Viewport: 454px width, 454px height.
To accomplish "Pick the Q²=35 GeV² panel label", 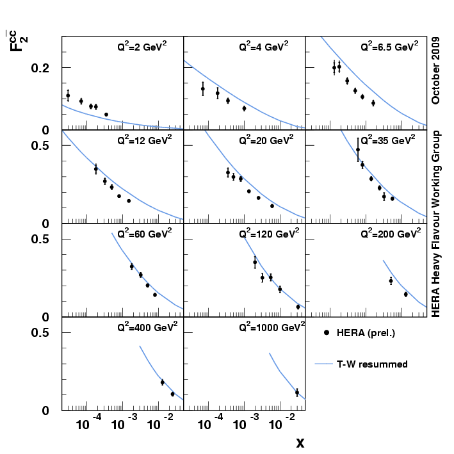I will (x=387, y=140).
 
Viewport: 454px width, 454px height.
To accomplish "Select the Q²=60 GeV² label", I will (x=144, y=233).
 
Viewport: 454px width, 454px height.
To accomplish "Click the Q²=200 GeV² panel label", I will (x=389, y=233).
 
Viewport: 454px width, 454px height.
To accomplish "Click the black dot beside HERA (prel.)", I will (x=326, y=333).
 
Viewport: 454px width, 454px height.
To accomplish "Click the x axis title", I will (x=300, y=442).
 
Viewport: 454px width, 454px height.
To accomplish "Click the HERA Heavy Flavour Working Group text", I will (x=435, y=223).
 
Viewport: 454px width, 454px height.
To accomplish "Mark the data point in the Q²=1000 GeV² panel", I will (x=297, y=393).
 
